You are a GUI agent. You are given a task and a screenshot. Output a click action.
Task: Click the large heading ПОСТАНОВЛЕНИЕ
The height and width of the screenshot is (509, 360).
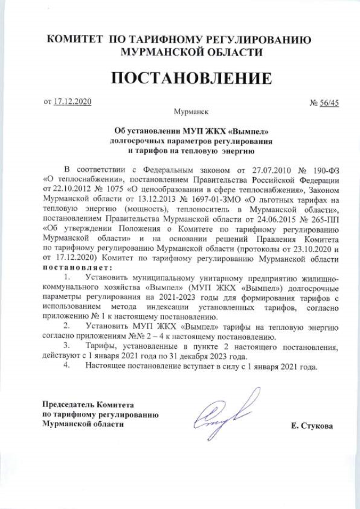pos(191,78)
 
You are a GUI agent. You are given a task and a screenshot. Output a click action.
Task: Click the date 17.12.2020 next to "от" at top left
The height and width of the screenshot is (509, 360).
pos(72,102)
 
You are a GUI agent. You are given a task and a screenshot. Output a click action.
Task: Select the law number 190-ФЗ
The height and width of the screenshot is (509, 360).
pos(324,169)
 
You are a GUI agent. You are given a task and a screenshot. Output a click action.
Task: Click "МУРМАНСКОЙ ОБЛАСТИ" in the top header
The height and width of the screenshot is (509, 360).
pos(191,52)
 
